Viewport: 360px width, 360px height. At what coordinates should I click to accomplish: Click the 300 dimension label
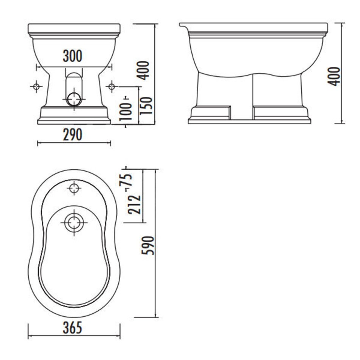(x=72, y=56)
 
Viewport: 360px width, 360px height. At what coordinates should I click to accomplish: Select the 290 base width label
(x=72, y=135)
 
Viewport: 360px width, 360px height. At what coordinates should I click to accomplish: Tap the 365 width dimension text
(x=72, y=328)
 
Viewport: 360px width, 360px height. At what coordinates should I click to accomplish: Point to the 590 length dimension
(x=148, y=246)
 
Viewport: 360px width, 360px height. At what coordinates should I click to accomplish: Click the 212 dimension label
(x=134, y=204)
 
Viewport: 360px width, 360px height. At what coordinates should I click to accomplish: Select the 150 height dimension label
(x=146, y=106)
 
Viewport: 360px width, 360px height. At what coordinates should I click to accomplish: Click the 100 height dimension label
(x=126, y=112)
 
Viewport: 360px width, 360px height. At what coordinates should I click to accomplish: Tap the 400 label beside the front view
(x=143, y=70)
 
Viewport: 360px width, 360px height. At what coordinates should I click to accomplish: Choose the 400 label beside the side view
(x=334, y=77)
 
